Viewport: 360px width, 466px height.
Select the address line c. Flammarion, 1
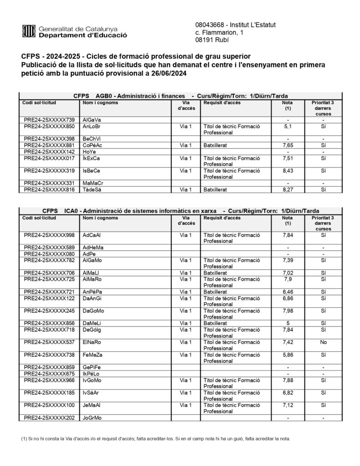click(x=219, y=33)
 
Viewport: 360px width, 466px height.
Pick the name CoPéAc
click(x=92, y=145)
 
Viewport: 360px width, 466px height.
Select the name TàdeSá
click(x=92, y=189)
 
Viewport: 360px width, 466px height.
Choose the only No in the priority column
click(x=323, y=341)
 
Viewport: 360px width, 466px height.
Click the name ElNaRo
click(x=92, y=341)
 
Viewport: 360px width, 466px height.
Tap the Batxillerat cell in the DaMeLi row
click(x=216, y=323)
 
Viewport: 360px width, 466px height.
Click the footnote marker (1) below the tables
click(x=24, y=439)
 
